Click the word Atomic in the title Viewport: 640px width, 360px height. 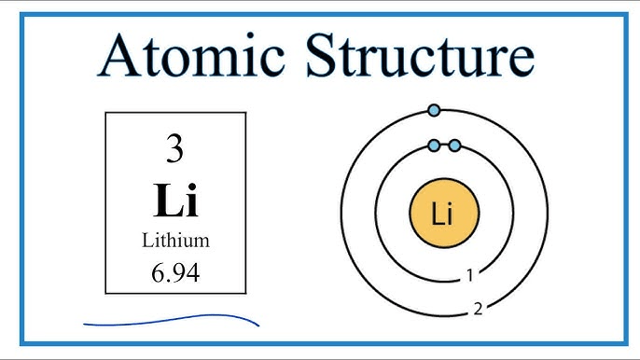pos(190,55)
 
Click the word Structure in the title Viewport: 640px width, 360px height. pos(420,55)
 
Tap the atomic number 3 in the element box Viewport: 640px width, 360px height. pos(175,148)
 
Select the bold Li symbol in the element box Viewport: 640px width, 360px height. pos(176,200)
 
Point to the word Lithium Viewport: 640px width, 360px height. pos(176,240)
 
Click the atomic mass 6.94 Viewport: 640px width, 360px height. pos(175,272)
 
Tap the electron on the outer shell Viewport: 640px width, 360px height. pos(434,110)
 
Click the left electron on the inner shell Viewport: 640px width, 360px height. pos(435,145)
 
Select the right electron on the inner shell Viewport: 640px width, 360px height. pos(454,145)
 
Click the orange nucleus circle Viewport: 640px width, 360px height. pos(444,213)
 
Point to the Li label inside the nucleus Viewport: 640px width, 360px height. pos(442,214)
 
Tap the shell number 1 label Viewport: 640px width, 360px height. pos(470,275)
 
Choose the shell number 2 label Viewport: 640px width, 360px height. pos(478,309)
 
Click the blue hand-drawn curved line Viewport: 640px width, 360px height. pos(172,320)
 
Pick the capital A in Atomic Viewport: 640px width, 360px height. pos(118,56)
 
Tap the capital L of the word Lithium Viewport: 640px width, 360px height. pos(147,240)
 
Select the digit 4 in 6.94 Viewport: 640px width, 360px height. pos(194,272)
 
